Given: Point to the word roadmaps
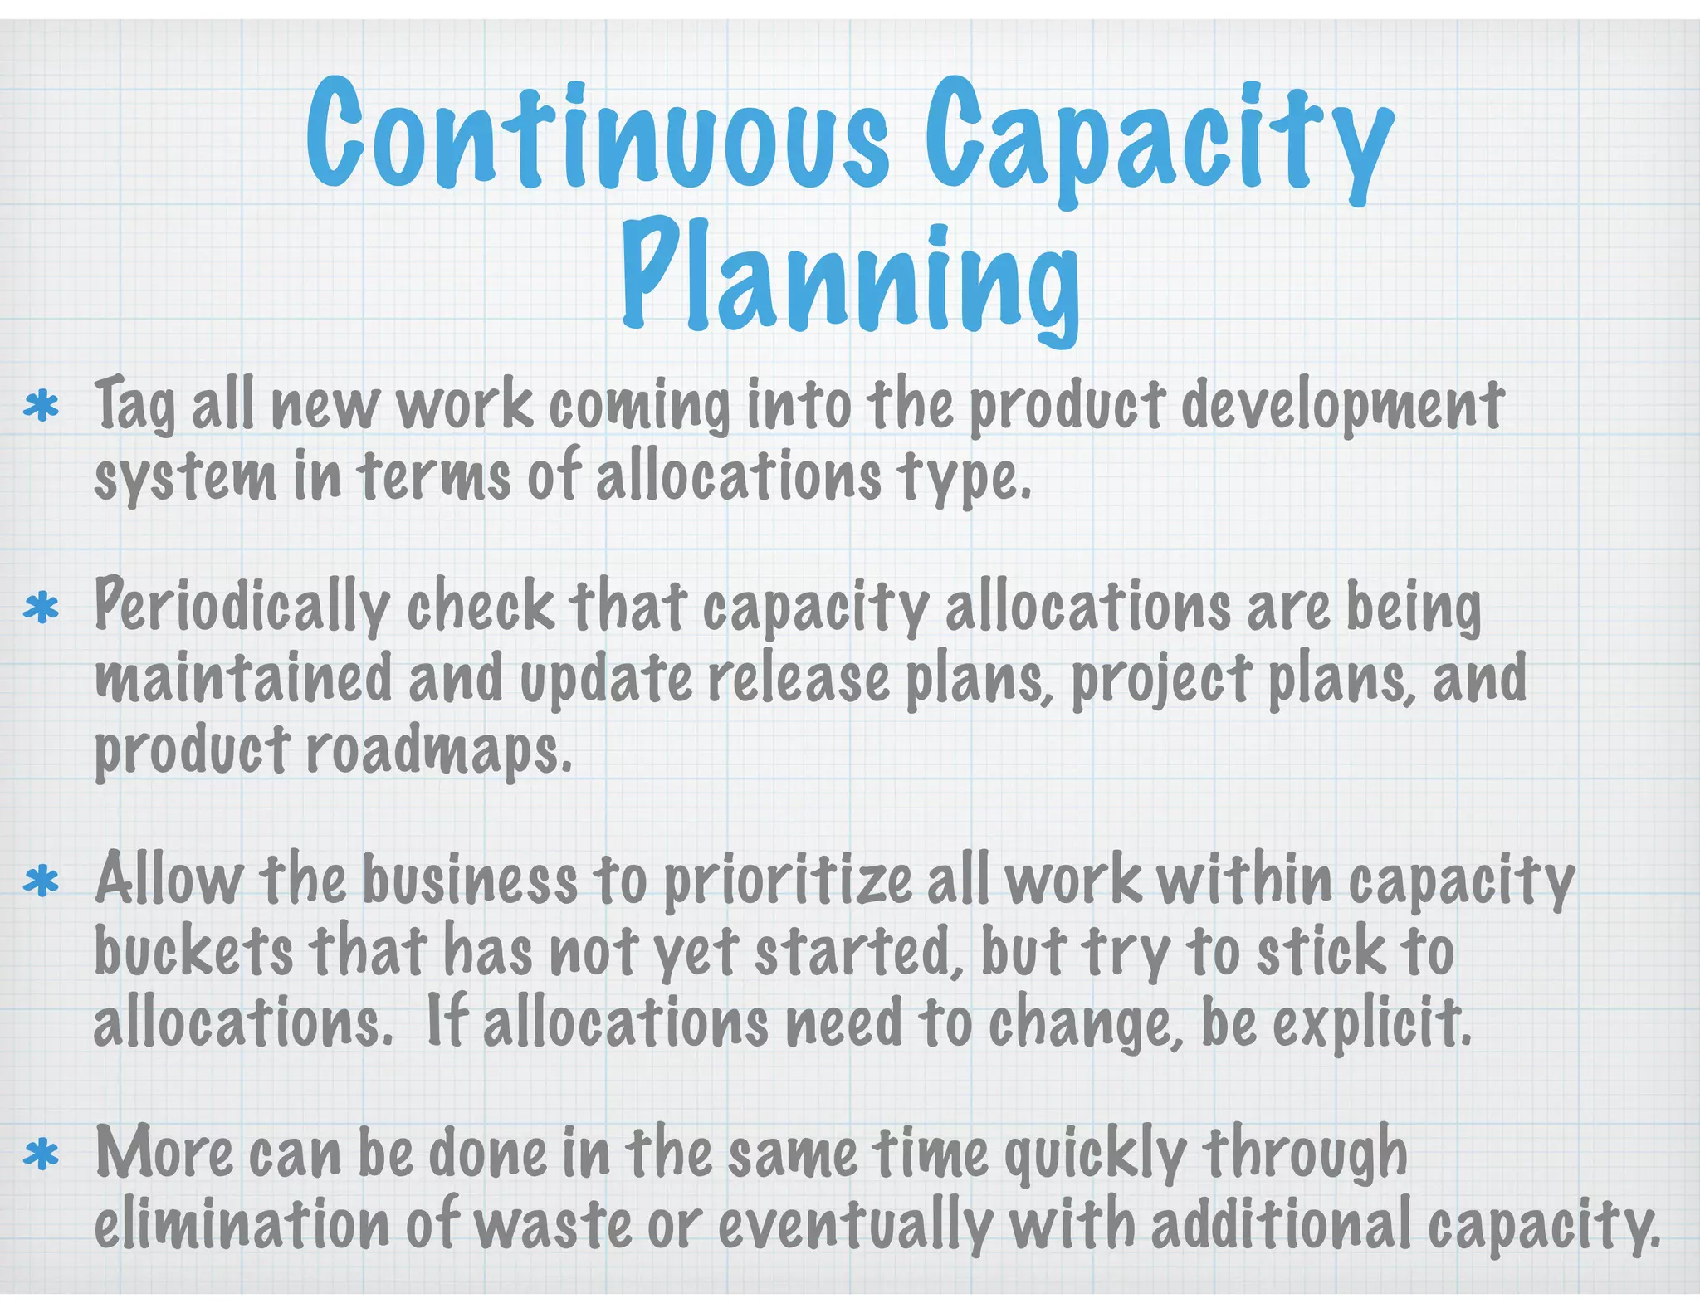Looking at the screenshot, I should point(439,749).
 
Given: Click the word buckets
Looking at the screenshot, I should point(193,952).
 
